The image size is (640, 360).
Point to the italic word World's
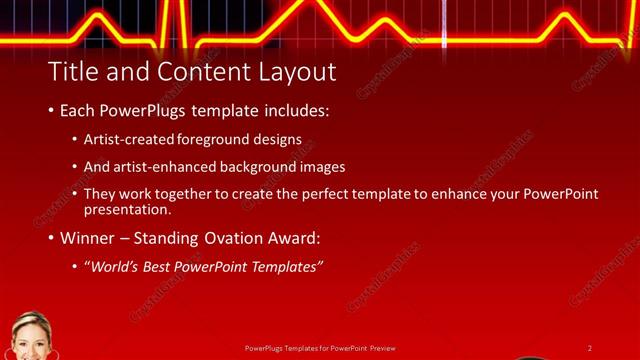coord(113,267)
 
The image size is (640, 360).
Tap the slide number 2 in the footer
coord(590,348)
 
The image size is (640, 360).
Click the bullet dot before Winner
coord(51,239)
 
